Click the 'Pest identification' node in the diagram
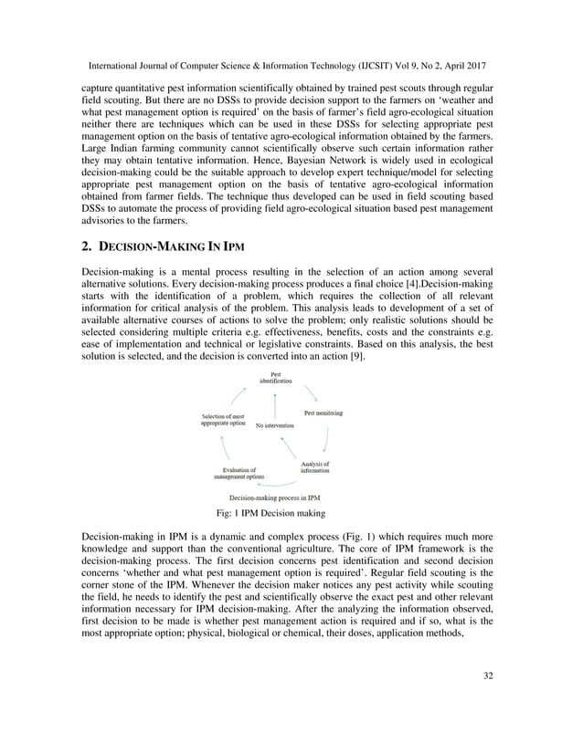click(275, 377)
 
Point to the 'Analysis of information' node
click(315, 466)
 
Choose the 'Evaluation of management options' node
click(239, 473)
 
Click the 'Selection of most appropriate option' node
click(223, 421)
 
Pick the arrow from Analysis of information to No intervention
click(287, 447)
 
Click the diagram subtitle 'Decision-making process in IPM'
click(274, 497)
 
